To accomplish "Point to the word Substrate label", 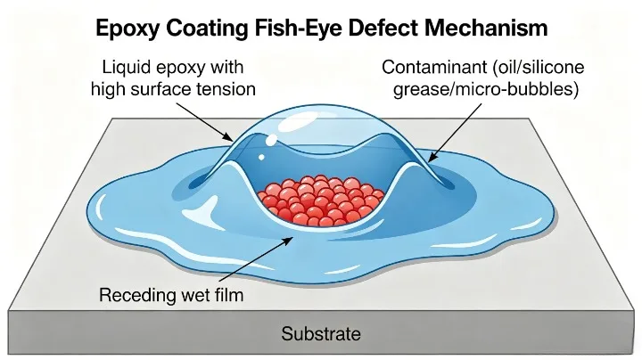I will [321, 335].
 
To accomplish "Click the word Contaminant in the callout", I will [427, 67].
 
